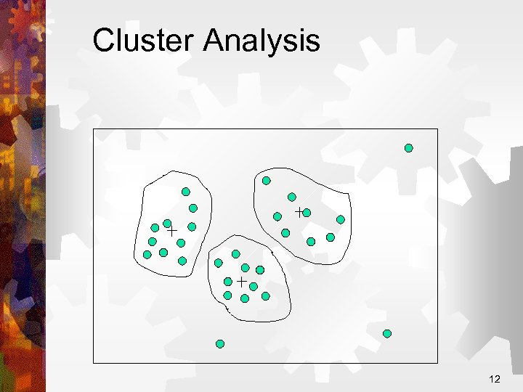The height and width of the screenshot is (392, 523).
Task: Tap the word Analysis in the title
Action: (261, 42)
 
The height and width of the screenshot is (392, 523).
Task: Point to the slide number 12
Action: (495, 379)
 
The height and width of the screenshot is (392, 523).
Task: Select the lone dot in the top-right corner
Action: (408, 148)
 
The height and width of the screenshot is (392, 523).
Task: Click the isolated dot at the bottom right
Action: (387, 334)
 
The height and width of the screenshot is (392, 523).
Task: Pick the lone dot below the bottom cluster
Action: (220, 343)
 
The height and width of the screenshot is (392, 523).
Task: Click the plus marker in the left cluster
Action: (173, 231)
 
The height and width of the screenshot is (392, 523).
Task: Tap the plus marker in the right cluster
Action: (299, 211)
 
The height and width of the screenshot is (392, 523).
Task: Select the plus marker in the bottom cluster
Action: (241, 280)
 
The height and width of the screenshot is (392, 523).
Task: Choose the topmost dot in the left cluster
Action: (186, 192)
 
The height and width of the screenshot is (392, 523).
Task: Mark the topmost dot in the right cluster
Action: (267, 181)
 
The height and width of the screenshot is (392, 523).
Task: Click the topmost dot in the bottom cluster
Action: (236, 254)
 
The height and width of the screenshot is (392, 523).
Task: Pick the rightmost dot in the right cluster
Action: (340, 219)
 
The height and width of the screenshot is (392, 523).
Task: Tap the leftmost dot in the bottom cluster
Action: (219, 263)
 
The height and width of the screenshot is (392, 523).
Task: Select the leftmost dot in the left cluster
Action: (147, 255)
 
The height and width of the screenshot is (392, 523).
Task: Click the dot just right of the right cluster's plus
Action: (307, 213)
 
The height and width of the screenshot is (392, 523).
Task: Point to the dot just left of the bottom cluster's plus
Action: (228, 281)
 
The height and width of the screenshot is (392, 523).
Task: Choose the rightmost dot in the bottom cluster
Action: (265, 296)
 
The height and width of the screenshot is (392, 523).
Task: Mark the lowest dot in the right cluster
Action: (311, 242)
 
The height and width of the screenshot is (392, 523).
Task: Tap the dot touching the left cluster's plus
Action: (167, 224)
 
